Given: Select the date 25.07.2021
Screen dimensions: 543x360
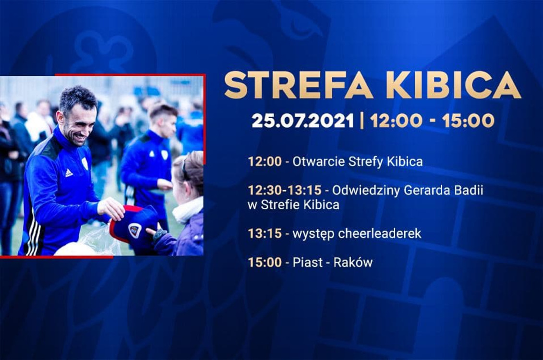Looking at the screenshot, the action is [303, 121].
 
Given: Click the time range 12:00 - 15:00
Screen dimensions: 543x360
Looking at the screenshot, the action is [432, 121].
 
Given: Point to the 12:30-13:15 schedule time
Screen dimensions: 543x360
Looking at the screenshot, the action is [285, 190].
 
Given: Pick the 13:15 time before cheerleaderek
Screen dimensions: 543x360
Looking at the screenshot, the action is [265, 234].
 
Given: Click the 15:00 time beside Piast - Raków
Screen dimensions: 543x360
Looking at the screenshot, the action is [265, 263].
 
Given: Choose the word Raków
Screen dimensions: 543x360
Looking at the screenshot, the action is [353, 263].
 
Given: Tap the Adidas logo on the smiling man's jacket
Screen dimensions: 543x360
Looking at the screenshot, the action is [69, 173].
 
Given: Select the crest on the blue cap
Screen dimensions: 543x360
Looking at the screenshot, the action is [134, 230].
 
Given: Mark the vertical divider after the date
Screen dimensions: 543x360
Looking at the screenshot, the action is [362, 121].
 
